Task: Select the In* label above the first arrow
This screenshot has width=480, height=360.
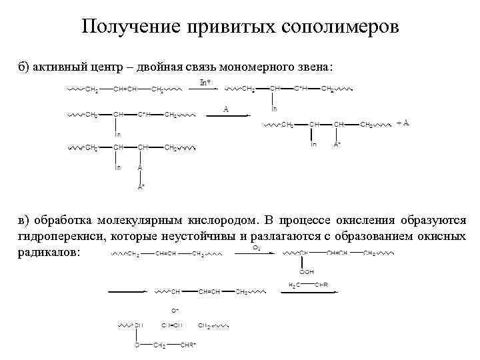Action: point(207,82)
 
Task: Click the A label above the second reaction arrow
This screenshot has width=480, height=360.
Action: point(226,109)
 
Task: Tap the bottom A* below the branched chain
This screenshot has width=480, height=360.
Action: point(141,187)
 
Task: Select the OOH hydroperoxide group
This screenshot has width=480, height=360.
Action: point(307,272)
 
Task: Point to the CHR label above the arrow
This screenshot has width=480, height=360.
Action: point(321,285)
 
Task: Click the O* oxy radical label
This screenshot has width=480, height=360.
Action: point(175,311)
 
